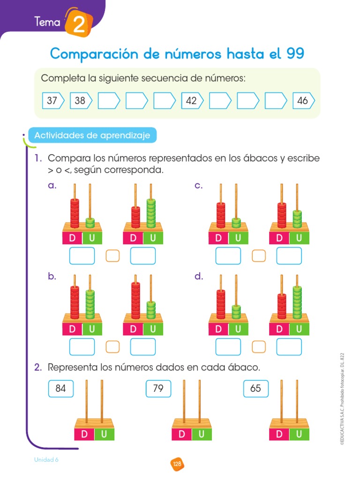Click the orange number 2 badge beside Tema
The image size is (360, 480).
(x=78, y=23)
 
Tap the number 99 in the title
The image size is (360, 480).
(x=294, y=54)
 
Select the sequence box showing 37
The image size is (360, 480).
(x=53, y=100)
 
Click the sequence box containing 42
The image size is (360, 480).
(x=192, y=100)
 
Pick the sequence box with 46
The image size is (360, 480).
(x=303, y=100)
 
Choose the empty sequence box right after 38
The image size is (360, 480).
(x=108, y=100)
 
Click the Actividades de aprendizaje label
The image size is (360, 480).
(x=92, y=136)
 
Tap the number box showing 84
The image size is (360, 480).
(x=61, y=389)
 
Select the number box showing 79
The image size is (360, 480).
(x=158, y=389)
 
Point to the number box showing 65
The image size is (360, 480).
(x=256, y=389)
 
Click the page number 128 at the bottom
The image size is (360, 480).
(x=177, y=464)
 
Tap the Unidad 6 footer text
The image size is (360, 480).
(x=46, y=460)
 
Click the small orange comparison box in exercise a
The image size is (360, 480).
(x=112, y=256)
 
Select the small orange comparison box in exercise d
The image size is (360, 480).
(x=259, y=346)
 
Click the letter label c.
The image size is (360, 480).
(x=199, y=186)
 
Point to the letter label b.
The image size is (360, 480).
(x=52, y=277)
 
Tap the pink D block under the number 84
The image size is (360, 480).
(x=84, y=435)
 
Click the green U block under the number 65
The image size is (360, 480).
(x=299, y=435)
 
